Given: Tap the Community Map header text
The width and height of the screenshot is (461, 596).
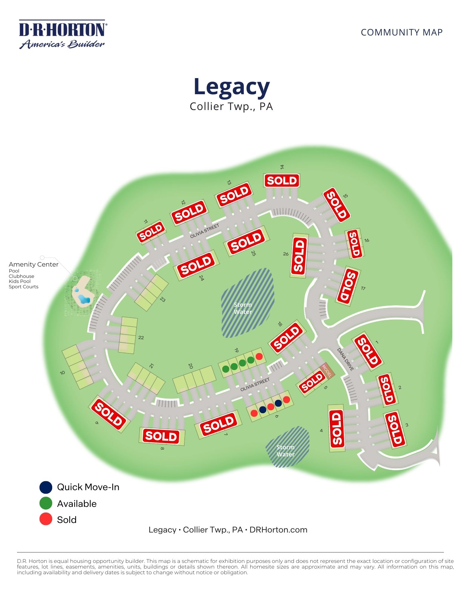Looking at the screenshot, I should click(401, 32).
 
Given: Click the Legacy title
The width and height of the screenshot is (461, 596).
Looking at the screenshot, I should click(232, 86).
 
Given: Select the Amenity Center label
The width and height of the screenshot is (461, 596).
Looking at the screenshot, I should click(33, 264).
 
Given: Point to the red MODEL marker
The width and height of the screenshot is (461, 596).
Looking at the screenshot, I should click(327, 370).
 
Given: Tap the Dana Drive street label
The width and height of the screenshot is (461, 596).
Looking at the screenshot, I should click(346, 360).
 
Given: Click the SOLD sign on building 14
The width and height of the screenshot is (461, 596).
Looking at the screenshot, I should click(282, 180).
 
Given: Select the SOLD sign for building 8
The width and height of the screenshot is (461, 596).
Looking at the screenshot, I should click(161, 436).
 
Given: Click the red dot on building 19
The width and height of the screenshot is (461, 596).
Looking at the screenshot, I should click(259, 356).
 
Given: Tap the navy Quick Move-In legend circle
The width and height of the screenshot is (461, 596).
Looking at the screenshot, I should click(46, 487).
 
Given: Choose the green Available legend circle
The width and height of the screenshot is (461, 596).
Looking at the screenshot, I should click(46, 504).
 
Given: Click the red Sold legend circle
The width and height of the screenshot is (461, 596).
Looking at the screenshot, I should click(46, 519).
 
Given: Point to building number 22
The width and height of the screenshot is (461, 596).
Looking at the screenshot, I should click(141, 338).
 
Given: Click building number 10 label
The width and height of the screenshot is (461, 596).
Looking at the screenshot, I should click(62, 373).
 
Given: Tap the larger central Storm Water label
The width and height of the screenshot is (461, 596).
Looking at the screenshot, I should click(243, 308).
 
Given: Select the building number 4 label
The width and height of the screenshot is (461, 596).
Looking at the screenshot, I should click(321, 431).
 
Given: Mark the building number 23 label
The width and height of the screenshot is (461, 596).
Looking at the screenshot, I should click(163, 300).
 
